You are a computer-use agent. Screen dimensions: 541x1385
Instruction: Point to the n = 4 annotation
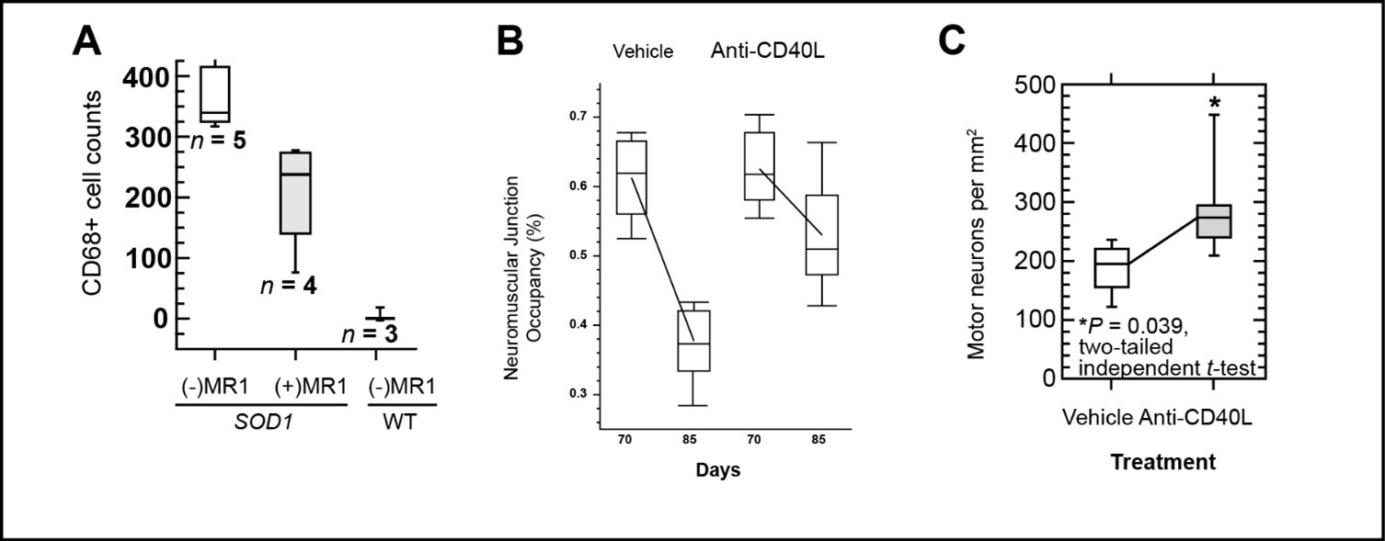tap(288, 285)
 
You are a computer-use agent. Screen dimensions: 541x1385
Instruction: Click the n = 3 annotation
tap(369, 333)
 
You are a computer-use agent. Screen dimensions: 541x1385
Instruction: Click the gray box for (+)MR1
tap(294, 193)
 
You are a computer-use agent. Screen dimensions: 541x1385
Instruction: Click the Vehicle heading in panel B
tap(644, 51)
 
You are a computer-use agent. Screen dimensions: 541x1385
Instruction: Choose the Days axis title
tap(715, 469)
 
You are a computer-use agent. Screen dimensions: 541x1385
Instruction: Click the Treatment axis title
tap(1162, 462)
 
